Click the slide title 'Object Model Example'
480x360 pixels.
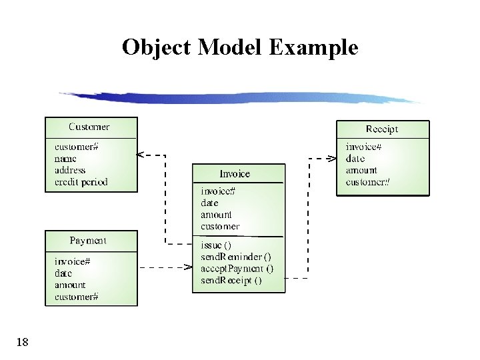pos(240,48)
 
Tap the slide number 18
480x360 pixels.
pos(22,343)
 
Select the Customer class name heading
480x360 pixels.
pos(89,127)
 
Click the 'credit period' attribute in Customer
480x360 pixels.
pos(81,182)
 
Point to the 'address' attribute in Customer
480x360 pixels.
pos(70,170)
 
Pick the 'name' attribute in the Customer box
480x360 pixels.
pos(65,159)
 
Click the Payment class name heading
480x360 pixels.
pos(88,241)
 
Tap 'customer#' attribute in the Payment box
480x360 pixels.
pos(77,297)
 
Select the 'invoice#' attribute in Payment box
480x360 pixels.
pos(72,262)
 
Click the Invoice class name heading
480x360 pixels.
pos(235,174)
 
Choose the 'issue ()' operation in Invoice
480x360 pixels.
pos(216,245)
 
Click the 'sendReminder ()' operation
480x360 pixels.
pos(236,257)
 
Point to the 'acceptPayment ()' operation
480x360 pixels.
pos(237,269)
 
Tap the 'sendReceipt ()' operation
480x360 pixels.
pos(231,281)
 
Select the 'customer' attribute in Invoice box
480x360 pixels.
pos(220,227)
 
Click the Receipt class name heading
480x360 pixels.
pos(382,129)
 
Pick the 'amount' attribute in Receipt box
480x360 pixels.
pos(361,171)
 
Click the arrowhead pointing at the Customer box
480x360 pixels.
pos(141,155)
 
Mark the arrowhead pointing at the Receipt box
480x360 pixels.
pos(331,159)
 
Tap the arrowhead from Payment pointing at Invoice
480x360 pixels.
pos(188,268)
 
